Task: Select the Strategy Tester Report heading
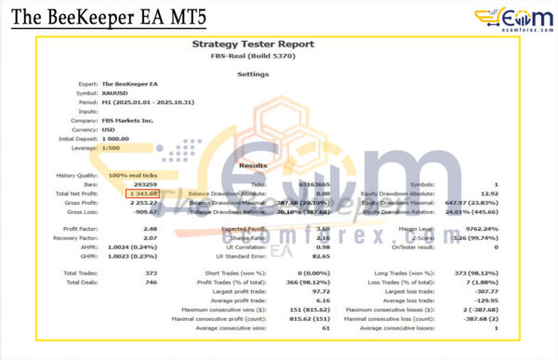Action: click(x=252, y=44)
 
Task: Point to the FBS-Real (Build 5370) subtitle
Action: click(x=252, y=56)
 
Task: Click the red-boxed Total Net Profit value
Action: click(x=144, y=193)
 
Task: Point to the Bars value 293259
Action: click(x=139, y=184)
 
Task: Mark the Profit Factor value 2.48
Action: click(x=149, y=228)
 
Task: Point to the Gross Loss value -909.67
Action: click(x=147, y=211)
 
